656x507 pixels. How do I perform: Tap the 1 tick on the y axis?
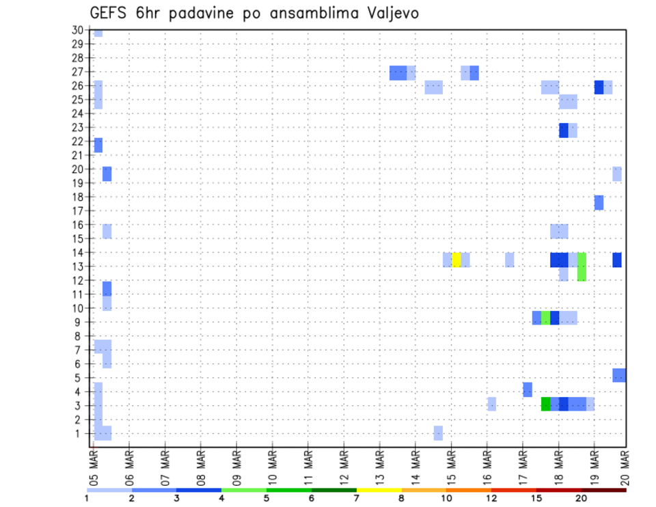tap(79, 433)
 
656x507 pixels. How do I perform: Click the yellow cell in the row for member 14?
tap(456, 260)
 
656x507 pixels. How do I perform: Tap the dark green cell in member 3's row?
tap(545, 404)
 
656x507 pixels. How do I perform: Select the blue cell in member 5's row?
tap(619, 375)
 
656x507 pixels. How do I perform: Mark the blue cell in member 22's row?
tap(98, 145)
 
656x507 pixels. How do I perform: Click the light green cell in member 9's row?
tap(545, 318)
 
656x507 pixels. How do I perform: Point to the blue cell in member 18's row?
tap(599, 202)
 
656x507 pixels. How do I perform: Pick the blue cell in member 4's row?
tap(528, 389)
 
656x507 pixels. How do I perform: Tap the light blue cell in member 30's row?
tap(98, 32)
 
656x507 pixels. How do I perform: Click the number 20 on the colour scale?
tap(582, 498)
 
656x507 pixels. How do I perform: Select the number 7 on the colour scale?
tap(357, 498)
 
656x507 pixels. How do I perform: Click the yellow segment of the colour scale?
tap(379, 489)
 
